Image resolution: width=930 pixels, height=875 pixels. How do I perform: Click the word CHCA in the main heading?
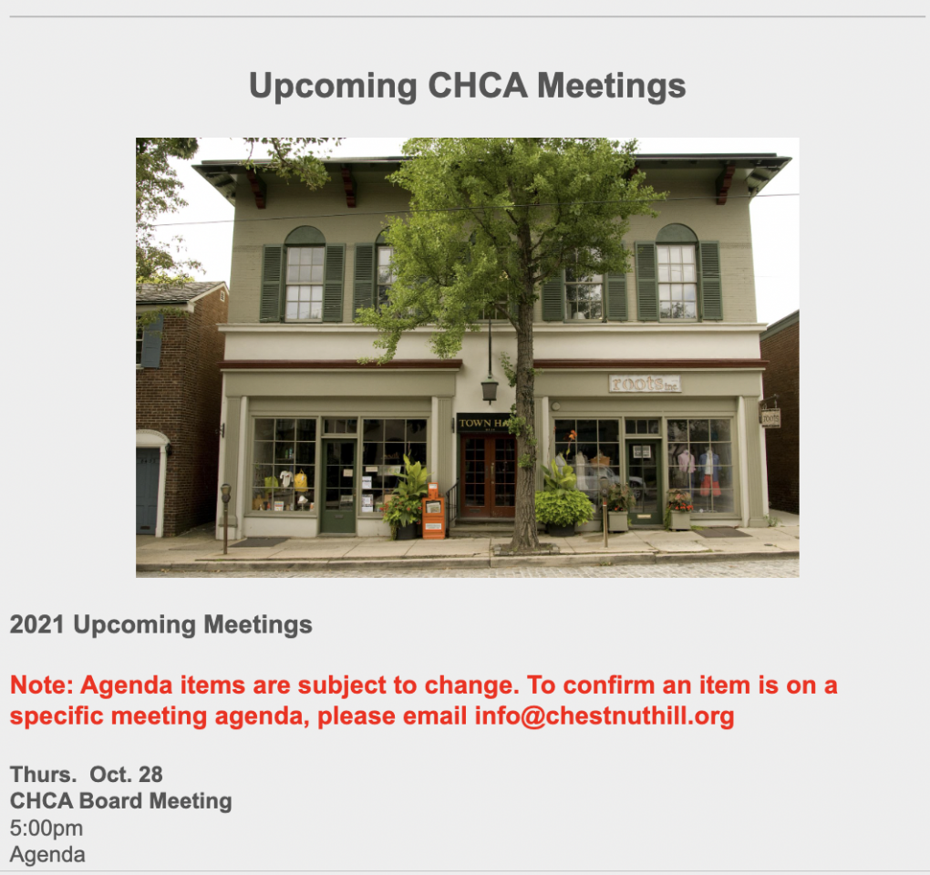478,86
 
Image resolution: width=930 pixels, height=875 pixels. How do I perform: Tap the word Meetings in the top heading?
612,87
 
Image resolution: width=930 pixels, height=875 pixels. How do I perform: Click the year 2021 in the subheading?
36,625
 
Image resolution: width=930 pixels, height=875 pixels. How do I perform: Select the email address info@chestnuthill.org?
604,715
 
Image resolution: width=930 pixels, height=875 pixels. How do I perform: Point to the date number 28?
150,774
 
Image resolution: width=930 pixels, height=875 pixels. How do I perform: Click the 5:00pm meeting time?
46,828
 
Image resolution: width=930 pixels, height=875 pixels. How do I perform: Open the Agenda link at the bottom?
47,854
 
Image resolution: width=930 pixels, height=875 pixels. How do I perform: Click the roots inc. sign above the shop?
645,384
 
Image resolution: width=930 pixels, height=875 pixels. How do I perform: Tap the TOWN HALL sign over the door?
484,423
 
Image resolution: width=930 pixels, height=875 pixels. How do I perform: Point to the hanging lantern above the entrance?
490,389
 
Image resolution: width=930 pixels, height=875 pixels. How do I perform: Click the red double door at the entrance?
489,476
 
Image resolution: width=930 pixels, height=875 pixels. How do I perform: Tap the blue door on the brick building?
149,491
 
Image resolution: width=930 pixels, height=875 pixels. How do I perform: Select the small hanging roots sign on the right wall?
770,418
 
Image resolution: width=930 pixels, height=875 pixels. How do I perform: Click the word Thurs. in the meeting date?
43,774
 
